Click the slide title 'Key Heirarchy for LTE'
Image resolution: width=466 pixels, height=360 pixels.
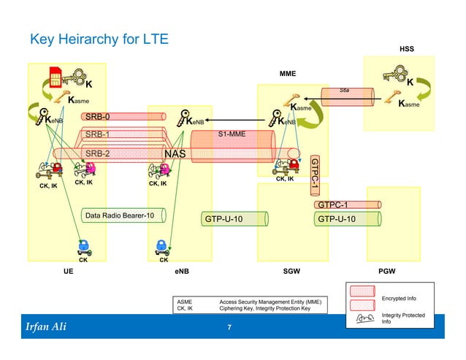(99, 39)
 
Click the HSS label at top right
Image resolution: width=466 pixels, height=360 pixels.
(406, 49)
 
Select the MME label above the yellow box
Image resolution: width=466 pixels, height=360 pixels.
(289, 74)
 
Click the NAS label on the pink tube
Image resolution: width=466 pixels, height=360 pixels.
(175, 154)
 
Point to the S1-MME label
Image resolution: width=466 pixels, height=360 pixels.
(232, 134)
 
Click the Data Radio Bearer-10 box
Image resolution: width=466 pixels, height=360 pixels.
(120, 216)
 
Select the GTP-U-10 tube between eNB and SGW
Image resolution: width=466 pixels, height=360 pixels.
(224, 218)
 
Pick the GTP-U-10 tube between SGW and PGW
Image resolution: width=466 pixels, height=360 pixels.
(337, 218)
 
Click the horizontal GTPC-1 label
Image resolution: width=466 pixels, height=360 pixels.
(332, 204)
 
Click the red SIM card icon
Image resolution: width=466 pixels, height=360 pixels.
(55, 76)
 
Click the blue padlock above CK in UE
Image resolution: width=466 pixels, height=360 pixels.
(83, 245)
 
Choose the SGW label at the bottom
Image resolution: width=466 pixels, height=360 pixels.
(291, 270)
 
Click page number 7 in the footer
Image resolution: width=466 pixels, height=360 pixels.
(229, 327)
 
